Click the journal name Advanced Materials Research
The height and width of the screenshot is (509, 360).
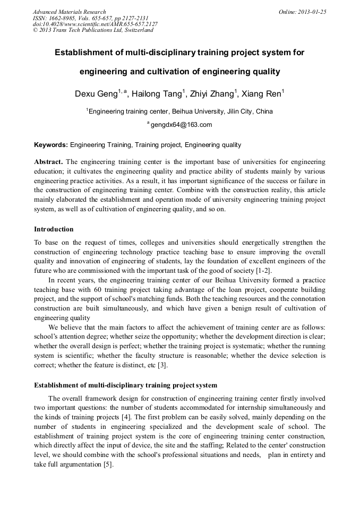tap(69, 12)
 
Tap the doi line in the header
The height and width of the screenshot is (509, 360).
tap(95, 24)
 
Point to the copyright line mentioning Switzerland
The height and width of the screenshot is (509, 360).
tap(93, 30)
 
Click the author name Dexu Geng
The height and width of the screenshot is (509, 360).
tap(96, 94)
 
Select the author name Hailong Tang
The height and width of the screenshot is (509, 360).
tap(157, 94)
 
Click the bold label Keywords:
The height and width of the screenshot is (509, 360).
tap(51, 145)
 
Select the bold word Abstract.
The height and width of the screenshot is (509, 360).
tap(48, 161)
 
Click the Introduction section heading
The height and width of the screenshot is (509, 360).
tap(54, 229)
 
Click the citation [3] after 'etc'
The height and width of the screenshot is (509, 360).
tap(164, 365)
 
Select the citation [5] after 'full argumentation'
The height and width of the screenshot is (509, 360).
tap(108, 464)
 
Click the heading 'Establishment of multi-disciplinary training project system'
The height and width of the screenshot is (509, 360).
tap(125, 385)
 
